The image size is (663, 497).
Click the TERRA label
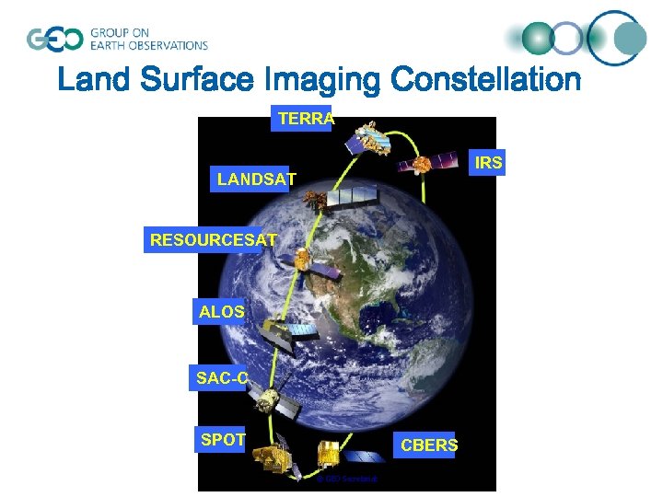click(x=301, y=119)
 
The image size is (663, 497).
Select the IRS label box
click(x=487, y=163)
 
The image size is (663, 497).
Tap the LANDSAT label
click(x=254, y=179)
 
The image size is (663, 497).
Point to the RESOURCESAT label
click(x=213, y=240)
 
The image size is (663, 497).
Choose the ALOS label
click(x=221, y=312)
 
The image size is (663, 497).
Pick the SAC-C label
click(x=220, y=377)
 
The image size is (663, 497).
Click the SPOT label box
click(x=223, y=440)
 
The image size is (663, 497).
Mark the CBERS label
click(x=428, y=445)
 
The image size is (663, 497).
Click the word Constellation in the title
click(x=485, y=80)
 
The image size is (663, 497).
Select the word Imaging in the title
click(x=323, y=80)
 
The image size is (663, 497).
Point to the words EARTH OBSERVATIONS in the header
click(x=148, y=45)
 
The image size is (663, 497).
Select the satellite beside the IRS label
click(x=425, y=163)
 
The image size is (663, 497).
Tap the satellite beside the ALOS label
click(x=281, y=334)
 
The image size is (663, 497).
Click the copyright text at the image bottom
click(x=345, y=479)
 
